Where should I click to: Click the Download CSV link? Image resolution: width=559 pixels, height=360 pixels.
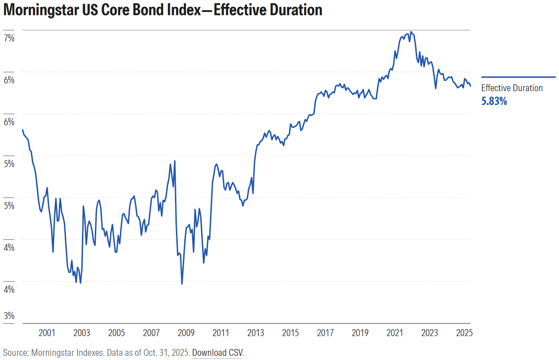pos(217,353)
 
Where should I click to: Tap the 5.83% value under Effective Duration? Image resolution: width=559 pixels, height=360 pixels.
pos(494,101)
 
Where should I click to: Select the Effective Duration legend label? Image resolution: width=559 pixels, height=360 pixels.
pos(512,88)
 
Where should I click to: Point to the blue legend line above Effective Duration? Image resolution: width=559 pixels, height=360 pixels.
pos(518,77)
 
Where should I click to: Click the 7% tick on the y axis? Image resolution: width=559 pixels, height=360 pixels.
pos(9,38)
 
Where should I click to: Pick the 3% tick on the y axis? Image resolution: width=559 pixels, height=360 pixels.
pos(9,316)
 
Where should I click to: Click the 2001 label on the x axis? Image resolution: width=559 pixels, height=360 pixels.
pos(47,333)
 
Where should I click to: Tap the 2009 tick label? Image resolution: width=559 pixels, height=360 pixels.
pos(186,333)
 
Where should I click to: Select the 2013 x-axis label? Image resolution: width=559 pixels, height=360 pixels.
pos(256,333)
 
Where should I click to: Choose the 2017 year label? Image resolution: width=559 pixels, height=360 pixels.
pos(325,333)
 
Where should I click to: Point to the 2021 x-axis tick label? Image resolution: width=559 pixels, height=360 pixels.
pos(395,333)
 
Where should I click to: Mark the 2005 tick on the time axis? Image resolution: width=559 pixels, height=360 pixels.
pos(116,333)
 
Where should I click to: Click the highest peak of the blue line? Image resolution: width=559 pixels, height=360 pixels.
pos(411,32)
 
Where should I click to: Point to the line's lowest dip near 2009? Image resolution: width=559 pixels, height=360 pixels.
pos(182,284)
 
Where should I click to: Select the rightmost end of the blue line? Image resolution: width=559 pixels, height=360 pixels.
pos(470,86)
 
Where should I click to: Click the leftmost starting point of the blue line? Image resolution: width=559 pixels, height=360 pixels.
pos(23,130)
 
